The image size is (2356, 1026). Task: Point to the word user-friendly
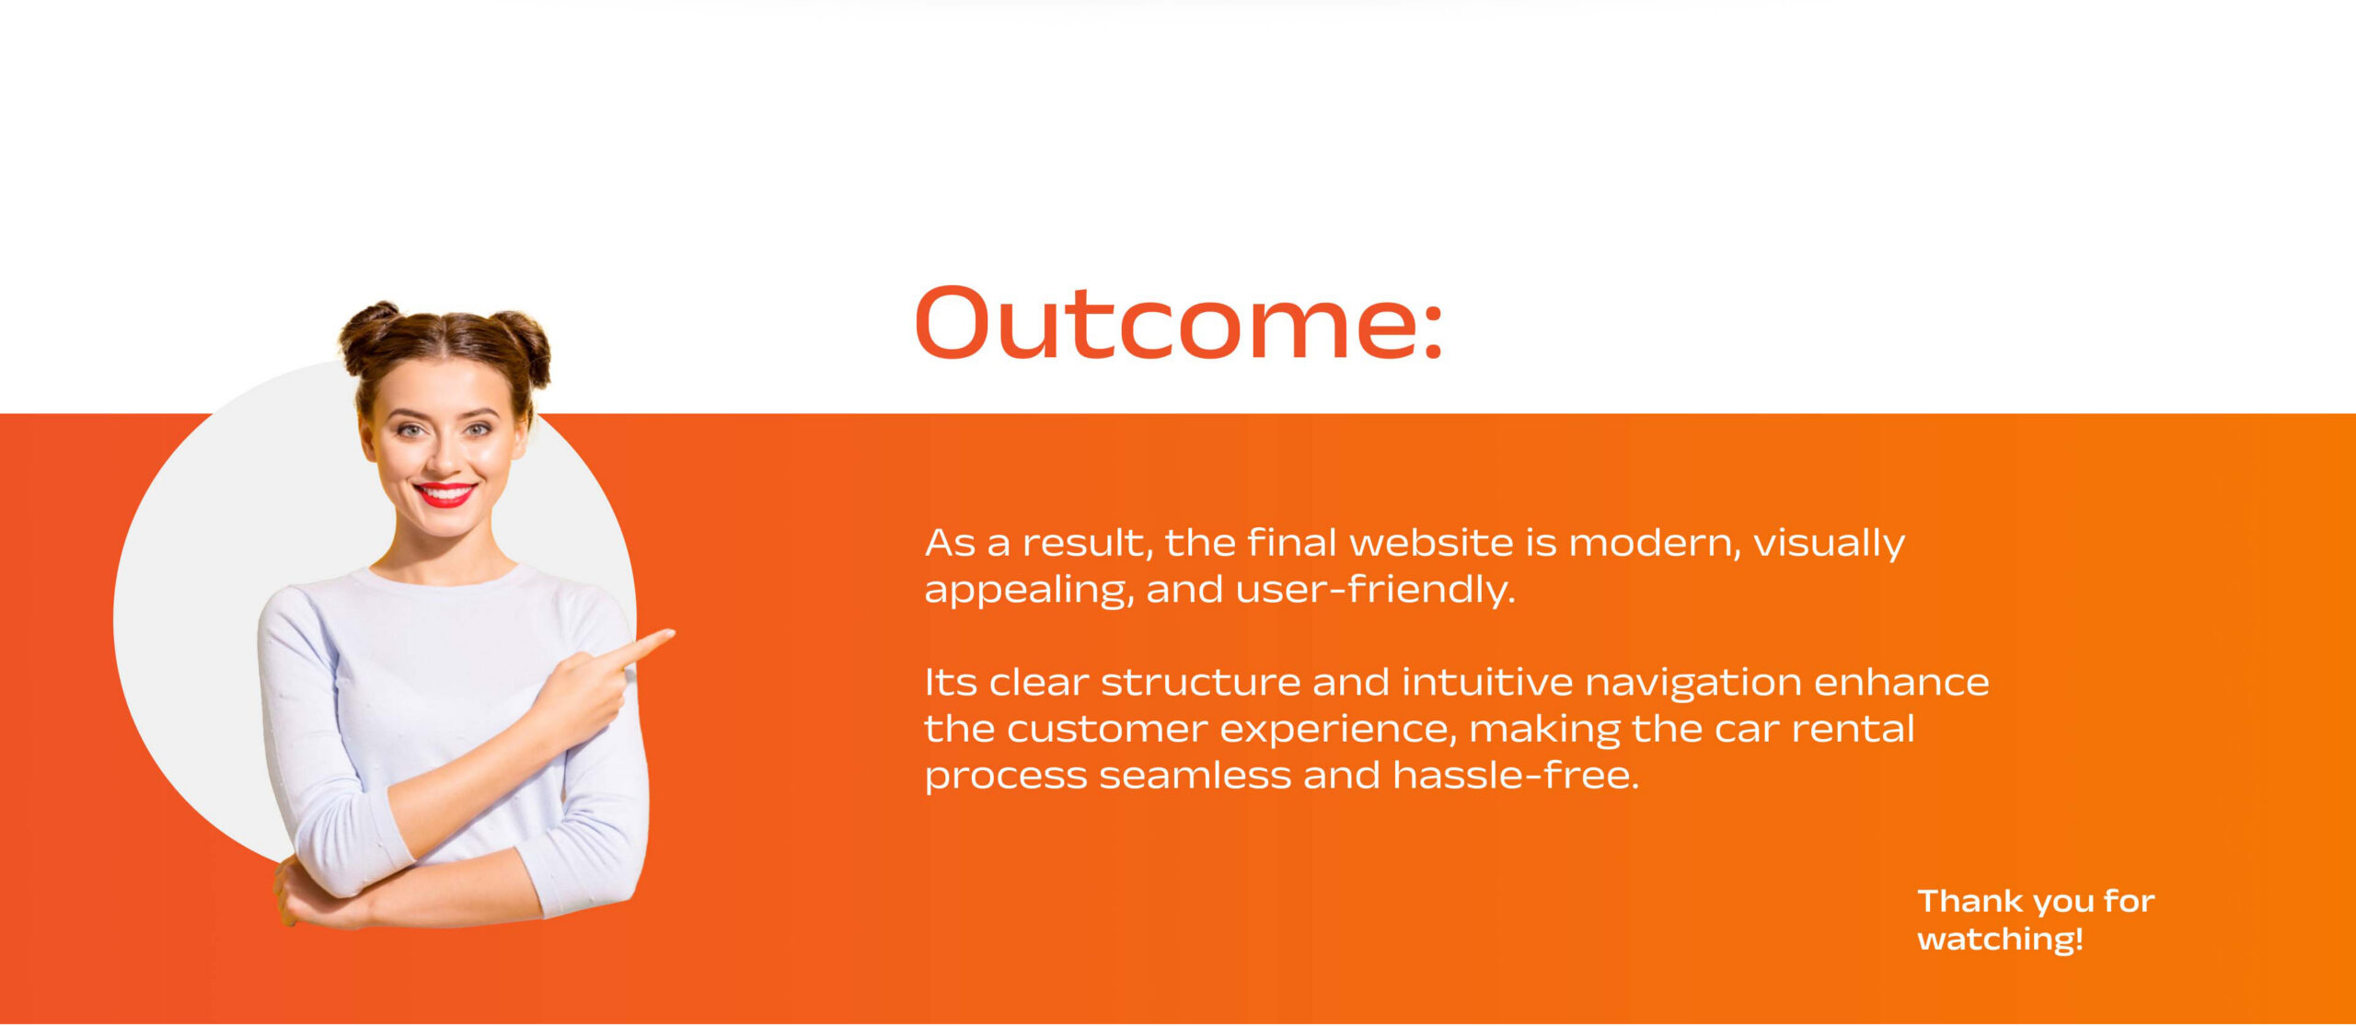pos(1375,589)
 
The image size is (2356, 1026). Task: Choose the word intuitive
pos(1487,682)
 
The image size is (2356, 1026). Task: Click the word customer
pos(1107,730)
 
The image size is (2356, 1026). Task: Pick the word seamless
pos(1195,776)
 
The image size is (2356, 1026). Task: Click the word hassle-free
pos(1516,775)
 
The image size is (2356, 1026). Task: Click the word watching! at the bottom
pos(2000,940)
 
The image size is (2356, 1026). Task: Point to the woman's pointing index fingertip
pos(671,633)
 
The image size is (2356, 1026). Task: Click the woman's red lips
pos(445,494)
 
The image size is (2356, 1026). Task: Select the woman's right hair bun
pos(522,345)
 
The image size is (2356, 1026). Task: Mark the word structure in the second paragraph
pos(1200,683)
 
